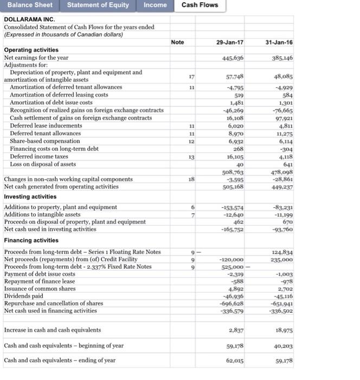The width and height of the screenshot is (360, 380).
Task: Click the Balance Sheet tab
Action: tap(30, 5)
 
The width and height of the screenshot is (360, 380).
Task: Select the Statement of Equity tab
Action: tap(98, 5)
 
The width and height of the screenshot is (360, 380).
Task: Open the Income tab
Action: tap(155, 5)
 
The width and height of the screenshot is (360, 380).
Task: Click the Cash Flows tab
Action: tap(200, 5)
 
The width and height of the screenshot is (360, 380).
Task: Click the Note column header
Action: tap(177, 42)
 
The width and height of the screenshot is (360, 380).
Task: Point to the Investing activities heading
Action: tap(31, 197)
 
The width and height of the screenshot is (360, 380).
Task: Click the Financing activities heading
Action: tap(31, 240)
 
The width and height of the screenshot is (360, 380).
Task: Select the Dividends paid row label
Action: tap(24, 296)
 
